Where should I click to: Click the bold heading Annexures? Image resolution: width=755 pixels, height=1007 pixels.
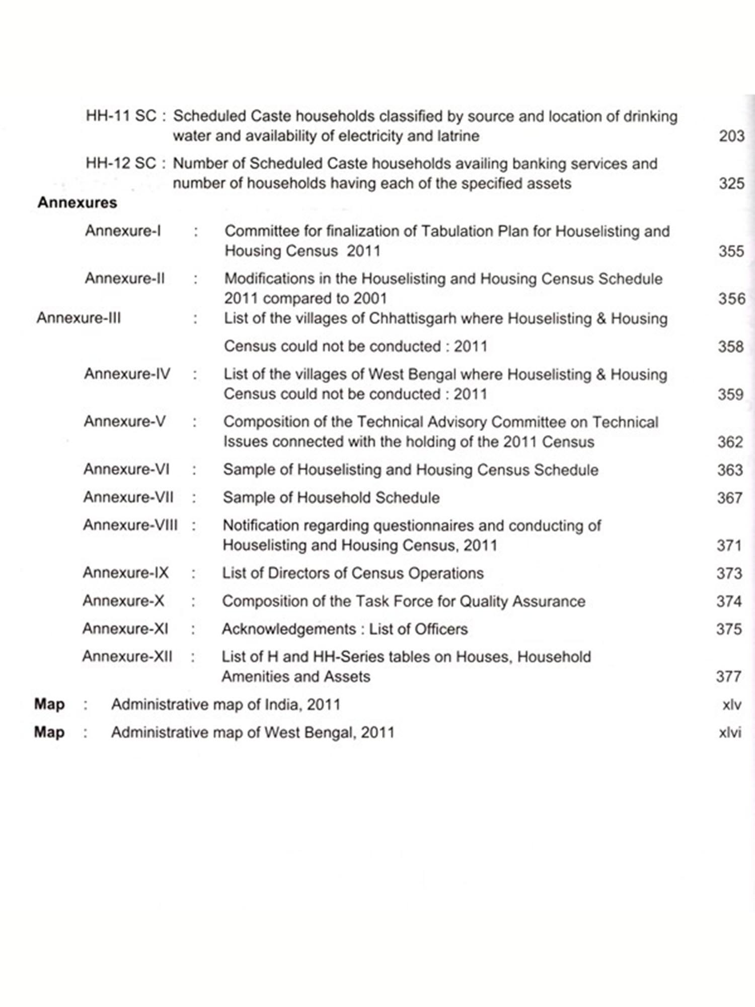[77, 203]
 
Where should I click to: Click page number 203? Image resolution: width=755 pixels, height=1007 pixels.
[731, 136]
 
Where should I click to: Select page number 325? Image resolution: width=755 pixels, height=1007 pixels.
[731, 183]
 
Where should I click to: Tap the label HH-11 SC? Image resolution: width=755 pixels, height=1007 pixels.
[121, 116]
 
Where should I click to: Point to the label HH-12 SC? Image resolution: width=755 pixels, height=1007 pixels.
[121, 163]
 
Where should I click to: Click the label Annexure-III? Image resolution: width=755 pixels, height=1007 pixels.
[79, 318]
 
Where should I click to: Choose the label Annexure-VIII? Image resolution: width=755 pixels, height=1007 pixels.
[130, 525]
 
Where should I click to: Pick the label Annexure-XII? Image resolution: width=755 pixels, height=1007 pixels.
[127, 657]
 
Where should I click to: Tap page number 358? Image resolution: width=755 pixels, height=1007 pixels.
[730, 346]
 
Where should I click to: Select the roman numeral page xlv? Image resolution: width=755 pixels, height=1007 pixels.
[731, 704]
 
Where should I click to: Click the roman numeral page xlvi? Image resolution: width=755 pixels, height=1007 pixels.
[730, 733]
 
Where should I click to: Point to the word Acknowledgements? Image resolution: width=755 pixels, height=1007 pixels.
[289, 629]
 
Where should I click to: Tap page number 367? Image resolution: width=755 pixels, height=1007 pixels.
[730, 498]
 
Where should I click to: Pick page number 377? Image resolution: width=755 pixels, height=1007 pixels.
[729, 677]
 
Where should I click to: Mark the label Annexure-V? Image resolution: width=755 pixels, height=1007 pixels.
[125, 421]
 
